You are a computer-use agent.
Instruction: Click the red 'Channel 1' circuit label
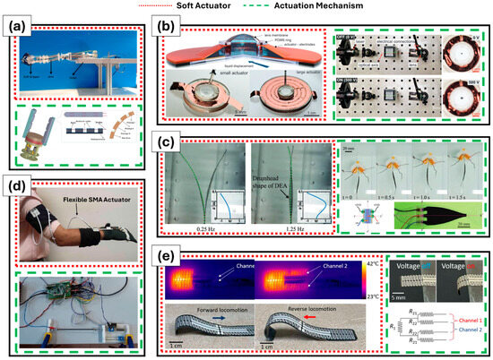tap(461, 329)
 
